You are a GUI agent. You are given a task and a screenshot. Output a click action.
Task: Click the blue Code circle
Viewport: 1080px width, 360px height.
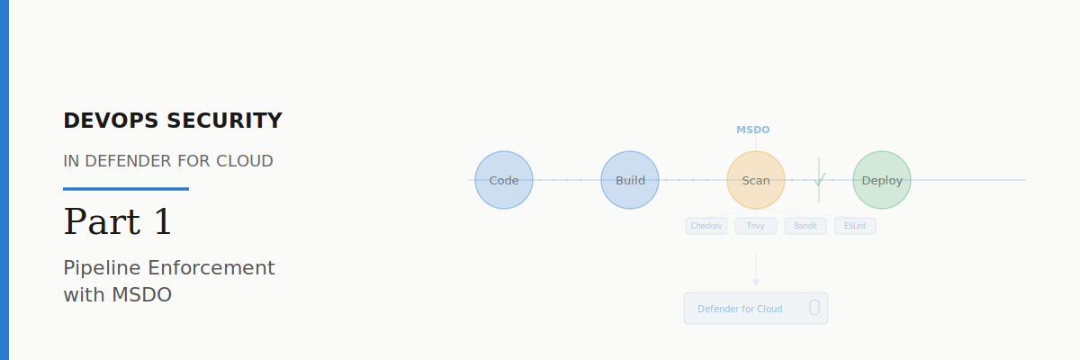[504, 180]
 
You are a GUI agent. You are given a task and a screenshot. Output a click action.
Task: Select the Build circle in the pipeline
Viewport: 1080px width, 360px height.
[630, 180]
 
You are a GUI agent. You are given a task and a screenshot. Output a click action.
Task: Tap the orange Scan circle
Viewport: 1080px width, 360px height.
[756, 180]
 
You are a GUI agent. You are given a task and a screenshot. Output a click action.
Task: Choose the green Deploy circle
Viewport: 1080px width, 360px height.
[882, 180]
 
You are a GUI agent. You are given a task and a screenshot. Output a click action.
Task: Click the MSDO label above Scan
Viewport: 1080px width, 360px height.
[753, 130]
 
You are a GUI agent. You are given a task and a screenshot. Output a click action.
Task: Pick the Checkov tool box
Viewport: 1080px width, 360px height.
[706, 226]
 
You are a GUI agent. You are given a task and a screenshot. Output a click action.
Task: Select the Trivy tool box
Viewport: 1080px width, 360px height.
[756, 226]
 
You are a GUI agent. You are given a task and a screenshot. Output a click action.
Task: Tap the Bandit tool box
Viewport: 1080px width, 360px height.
[805, 226]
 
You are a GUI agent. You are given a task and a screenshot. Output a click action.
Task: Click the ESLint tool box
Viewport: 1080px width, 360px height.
[855, 226]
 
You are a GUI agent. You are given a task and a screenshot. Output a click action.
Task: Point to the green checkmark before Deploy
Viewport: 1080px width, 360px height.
[819, 179]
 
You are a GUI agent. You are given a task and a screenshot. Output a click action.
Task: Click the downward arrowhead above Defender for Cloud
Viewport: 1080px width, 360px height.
[756, 282]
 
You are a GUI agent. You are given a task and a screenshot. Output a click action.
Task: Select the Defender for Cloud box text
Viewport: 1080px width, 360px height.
[740, 309]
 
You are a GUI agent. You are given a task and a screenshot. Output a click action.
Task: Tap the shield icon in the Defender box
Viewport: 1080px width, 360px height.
[814, 308]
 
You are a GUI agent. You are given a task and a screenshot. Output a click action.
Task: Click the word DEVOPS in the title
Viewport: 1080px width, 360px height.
[109, 121]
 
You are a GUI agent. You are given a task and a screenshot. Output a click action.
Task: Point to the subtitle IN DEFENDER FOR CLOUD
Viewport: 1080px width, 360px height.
[168, 161]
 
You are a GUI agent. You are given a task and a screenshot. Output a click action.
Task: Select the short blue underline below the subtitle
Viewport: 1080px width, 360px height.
[126, 189]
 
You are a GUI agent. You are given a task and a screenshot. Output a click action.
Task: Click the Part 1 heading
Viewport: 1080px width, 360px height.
[118, 222]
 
